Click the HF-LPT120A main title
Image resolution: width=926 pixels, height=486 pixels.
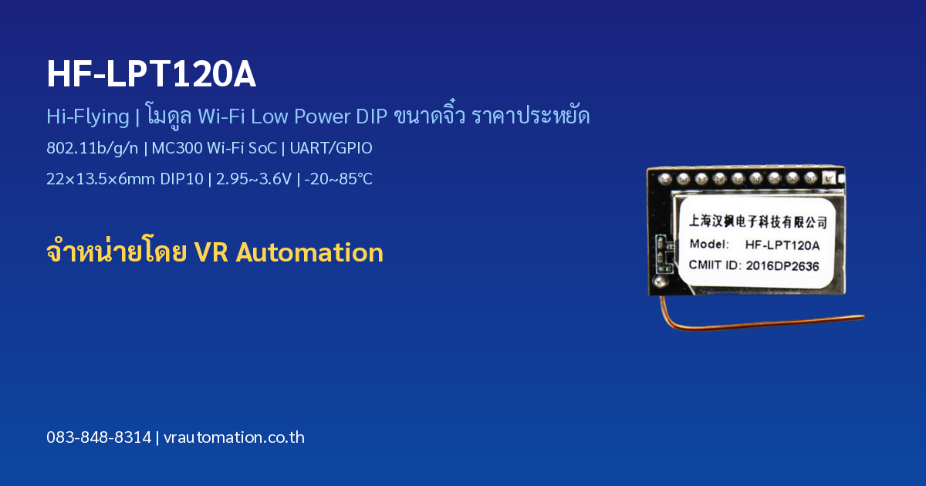point(151,74)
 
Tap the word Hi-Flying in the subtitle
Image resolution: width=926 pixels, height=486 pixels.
point(88,116)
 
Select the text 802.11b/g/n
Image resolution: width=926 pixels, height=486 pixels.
point(92,148)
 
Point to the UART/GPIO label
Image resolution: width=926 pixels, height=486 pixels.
point(331,148)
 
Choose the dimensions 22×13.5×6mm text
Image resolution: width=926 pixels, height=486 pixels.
point(101,179)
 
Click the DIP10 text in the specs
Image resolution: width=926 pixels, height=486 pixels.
point(182,179)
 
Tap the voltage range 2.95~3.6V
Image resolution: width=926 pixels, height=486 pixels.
point(254,179)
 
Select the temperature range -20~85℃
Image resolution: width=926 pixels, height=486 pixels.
point(338,179)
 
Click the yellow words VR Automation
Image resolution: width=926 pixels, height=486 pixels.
point(289,252)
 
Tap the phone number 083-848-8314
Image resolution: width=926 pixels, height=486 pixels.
point(99,437)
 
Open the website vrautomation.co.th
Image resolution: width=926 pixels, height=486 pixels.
point(234,437)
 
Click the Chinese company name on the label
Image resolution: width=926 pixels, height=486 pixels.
point(758,221)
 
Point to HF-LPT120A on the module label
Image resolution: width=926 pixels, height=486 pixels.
point(782,245)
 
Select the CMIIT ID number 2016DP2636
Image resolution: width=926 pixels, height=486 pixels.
point(782,265)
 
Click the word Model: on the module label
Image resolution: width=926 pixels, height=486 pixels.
point(709,245)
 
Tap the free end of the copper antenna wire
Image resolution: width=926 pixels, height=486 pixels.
point(863,317)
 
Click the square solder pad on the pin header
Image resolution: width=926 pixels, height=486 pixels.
point(829,178)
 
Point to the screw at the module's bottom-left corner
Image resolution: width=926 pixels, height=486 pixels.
point(661,282)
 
